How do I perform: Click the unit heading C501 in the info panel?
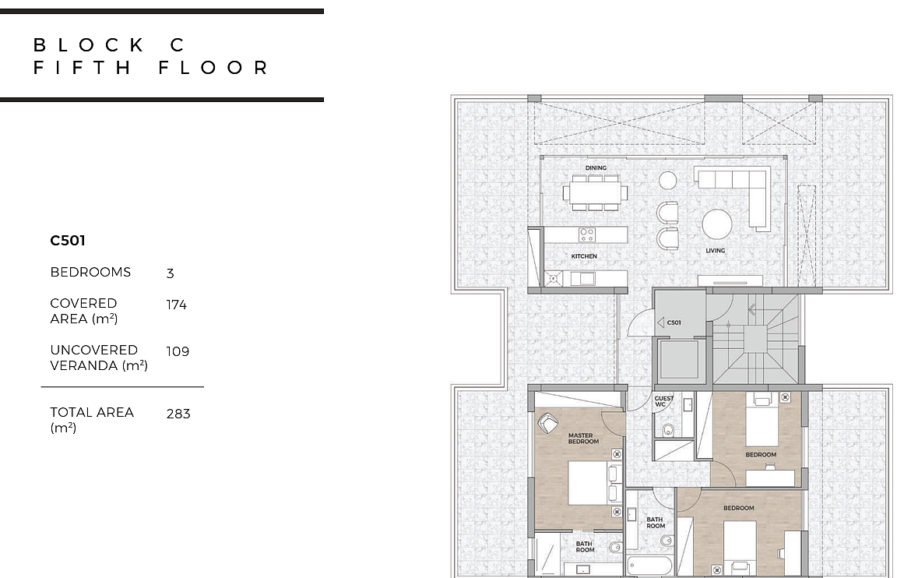tap(68, 241)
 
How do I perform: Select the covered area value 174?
tap(176, 305)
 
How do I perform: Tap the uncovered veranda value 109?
tap(178, 351)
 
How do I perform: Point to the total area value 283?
tap(178, 414)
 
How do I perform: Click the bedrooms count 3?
tap(170, 273)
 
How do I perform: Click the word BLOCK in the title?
tap(89, 44)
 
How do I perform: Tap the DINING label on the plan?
tap(596, 167)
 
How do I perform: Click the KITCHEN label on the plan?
tap(583, 256)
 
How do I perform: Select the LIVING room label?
tap(715, 251)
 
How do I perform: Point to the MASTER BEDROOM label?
tap(583, 439)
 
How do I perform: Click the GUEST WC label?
tap(663, 401)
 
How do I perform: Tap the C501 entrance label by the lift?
tap(674, 322)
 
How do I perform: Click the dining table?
tap(595, 193)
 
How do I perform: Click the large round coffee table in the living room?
tap(717, 224)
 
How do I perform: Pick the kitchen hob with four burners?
tap(586, 234)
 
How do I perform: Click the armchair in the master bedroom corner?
tap(548, 424)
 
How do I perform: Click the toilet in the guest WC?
tap(667, 430)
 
